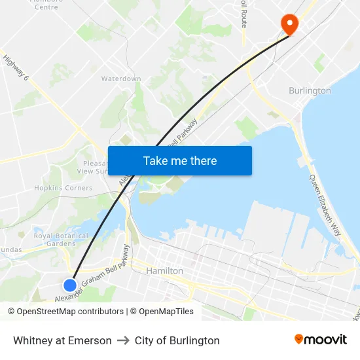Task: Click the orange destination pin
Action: point(289,24)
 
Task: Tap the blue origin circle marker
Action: point(70,285)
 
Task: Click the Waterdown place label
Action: point(121,79)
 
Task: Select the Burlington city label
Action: point(310,90)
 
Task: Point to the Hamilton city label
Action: point(164,270)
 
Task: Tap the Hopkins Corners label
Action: point(63,188)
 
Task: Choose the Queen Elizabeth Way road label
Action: point(325,205)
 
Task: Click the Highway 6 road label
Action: point(16,67)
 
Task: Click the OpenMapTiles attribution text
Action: point(166,312)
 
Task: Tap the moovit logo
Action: point(320,340)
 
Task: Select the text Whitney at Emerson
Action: point(62,340)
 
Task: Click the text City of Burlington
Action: point(177,340)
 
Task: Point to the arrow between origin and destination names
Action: point(123,340)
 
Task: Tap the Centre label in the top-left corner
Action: point(46,7)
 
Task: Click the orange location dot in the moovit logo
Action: point(298,339)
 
